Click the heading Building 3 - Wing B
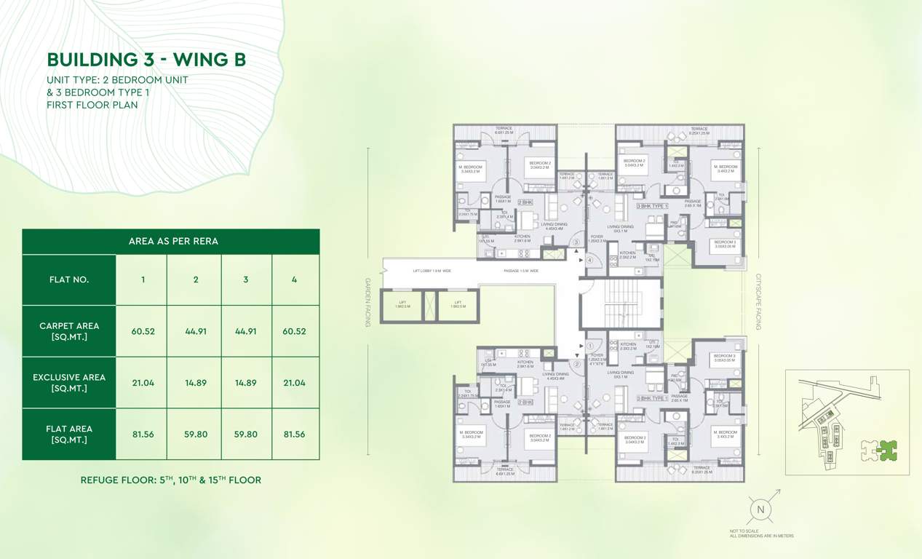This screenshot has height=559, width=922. coord(146,59)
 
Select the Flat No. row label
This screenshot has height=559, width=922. coord(69,279)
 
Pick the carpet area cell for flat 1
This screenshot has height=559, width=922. coord(143,331)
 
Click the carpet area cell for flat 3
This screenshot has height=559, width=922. coord(246,331)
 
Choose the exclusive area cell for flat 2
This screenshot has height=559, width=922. coord(196,383)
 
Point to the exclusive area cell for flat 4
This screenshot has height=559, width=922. coord(294,383)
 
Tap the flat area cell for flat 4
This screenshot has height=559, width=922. coord(294,434)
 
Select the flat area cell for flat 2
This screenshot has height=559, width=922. coord(196,434)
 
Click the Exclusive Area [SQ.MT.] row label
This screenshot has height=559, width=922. coord(69,383)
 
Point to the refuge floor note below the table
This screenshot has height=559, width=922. coord(170,480)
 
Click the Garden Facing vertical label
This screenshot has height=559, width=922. coord(368,302)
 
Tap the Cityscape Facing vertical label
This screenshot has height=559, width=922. coord(758,302)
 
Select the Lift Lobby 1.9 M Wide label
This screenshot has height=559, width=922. coord(432,271)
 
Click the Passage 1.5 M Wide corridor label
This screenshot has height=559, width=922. coord(520,271)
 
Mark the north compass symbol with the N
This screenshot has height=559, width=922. coord(761,510)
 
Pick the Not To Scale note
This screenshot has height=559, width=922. coord(744,531)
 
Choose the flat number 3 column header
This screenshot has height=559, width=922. coord(246,279)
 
